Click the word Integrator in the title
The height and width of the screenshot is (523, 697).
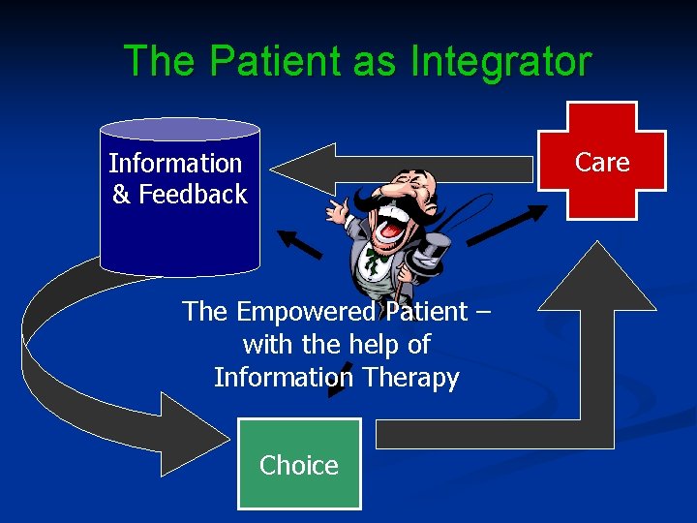tap(500, 62)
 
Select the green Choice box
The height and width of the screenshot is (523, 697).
tap(299, 464)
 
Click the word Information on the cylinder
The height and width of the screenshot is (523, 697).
tap(175, 164)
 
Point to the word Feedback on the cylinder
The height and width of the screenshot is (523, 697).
tap(193, 195)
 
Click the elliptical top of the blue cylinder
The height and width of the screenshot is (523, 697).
tap(180, 130)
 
